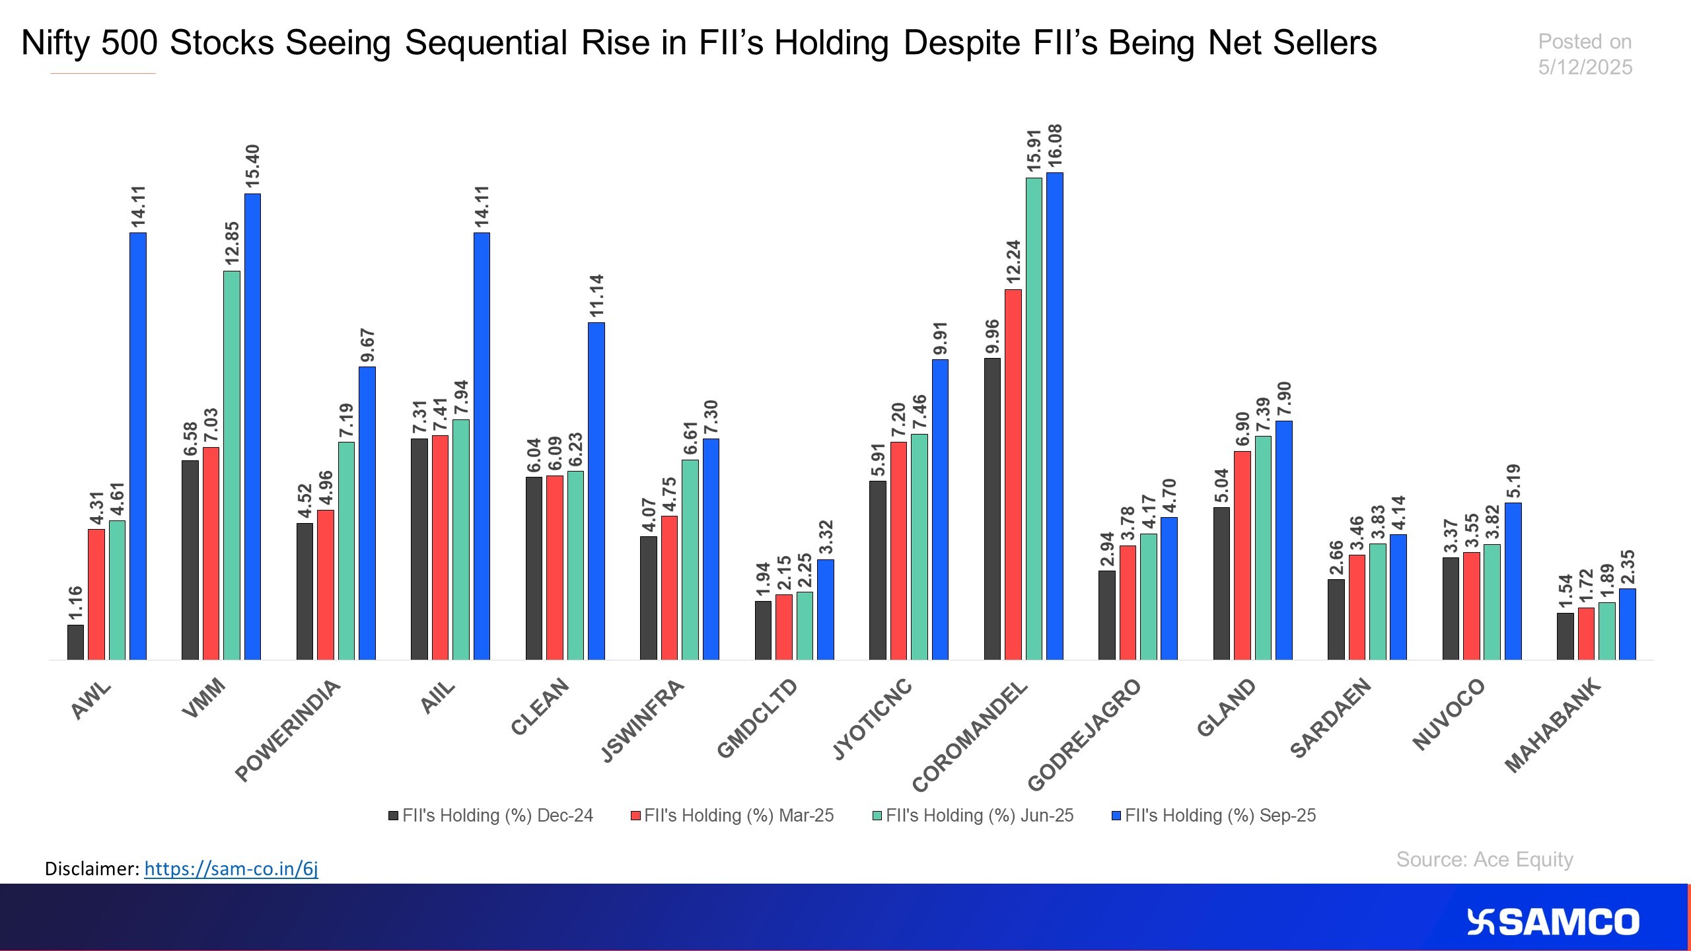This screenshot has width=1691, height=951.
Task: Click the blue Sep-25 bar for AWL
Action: tap(137, 446)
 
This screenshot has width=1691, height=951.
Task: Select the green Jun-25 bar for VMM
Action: tap(232, 465)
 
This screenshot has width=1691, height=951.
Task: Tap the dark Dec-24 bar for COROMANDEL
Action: tap(992, 509)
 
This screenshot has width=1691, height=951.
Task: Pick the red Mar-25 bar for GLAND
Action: tap(1242, 555)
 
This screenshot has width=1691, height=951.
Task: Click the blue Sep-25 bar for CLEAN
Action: tap(596, 491)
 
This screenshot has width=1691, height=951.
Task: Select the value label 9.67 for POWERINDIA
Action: tap(367, 346)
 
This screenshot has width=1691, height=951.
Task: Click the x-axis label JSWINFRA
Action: tap(643, 720)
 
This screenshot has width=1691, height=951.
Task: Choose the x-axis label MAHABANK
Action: tap(1553, 724)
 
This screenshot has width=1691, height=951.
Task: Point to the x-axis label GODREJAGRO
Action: tap(1084, 734)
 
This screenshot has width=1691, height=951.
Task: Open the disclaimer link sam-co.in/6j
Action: tap(231, 868)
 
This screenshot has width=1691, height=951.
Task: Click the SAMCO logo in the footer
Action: tap(1552, 922)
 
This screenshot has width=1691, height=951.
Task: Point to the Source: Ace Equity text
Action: tap(1484, 859)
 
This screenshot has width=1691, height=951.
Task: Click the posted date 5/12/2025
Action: tap(1585, 67)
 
